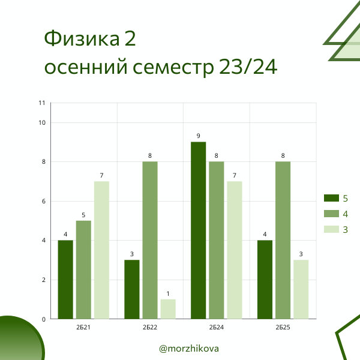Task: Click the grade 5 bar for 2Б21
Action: click(x=65, y=279)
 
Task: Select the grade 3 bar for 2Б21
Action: click(x=101, y=250)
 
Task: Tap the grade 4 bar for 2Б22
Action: click(x=150, y=240)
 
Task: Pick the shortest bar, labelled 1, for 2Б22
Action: click(x=168, y=309)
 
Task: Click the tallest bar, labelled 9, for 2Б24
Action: click(x=199, y=230)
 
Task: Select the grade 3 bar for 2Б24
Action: click(x=235, y=250)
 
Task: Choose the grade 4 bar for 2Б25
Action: click(x=283, y=240)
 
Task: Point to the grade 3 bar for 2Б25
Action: click(x=301, y=289)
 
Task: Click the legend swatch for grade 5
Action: click(x=331, y=198)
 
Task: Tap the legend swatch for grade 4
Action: click(x=331, y=214)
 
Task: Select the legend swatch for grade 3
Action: click(x=331, y=229)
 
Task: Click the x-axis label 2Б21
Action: click(x=83, y=328)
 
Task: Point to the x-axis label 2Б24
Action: click(x=217, y=328)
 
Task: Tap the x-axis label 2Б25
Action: click(x=283, y=328)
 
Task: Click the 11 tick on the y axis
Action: click(x=42, y=103)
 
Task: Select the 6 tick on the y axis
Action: click(x=43, y=201)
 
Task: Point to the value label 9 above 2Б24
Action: click(x=199, y=136)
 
